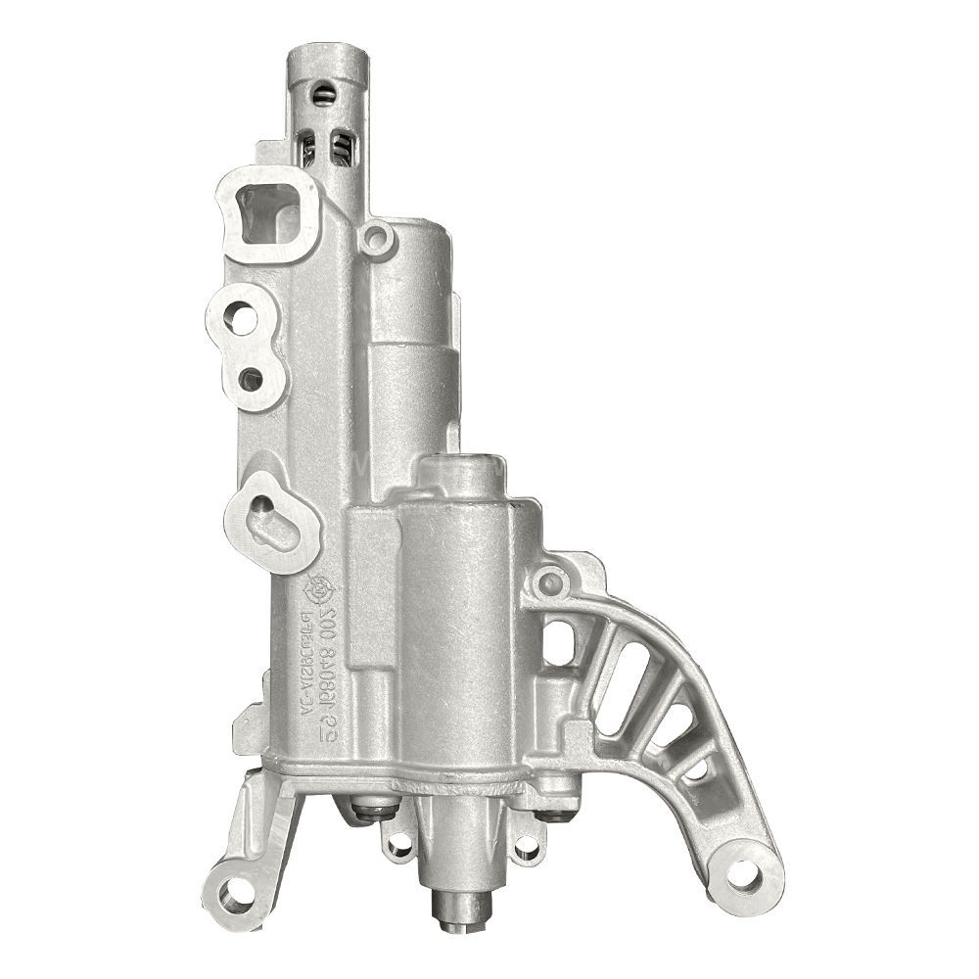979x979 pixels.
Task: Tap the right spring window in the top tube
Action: pos(341,149)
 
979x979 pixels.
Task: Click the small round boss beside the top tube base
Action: pos(375,236)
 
